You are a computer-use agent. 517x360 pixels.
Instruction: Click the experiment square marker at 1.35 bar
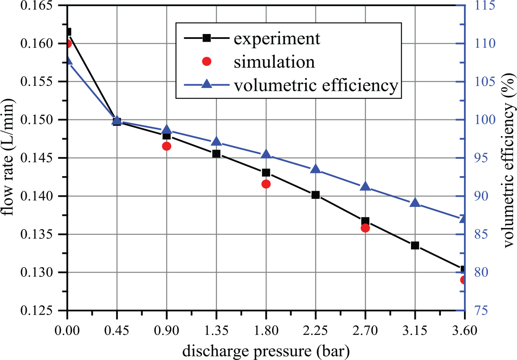(216, 153)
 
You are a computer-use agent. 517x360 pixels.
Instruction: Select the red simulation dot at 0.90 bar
(166, 146)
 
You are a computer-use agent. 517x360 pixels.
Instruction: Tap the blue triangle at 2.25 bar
(315, 169)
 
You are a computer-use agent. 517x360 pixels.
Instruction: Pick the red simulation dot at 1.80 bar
(266, 184)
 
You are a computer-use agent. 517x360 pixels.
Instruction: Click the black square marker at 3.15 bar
(415, 245)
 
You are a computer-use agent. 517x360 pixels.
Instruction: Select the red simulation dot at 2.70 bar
(365, 228)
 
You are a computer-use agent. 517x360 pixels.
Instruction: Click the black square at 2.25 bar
(315, 195)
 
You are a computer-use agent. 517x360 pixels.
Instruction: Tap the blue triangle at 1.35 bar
(216, 141)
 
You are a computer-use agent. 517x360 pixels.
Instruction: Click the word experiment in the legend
(277, 39)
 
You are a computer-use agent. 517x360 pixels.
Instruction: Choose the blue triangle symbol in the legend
(206, 83)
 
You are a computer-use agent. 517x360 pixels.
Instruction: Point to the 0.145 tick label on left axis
(37, 158)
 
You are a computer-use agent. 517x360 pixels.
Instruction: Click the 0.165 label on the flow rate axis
(37, 6)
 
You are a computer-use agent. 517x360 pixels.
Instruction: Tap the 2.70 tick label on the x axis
(365, 330)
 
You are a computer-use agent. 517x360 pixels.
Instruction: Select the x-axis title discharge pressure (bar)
(266, 351)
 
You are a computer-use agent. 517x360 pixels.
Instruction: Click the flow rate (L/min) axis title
(9, 158)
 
